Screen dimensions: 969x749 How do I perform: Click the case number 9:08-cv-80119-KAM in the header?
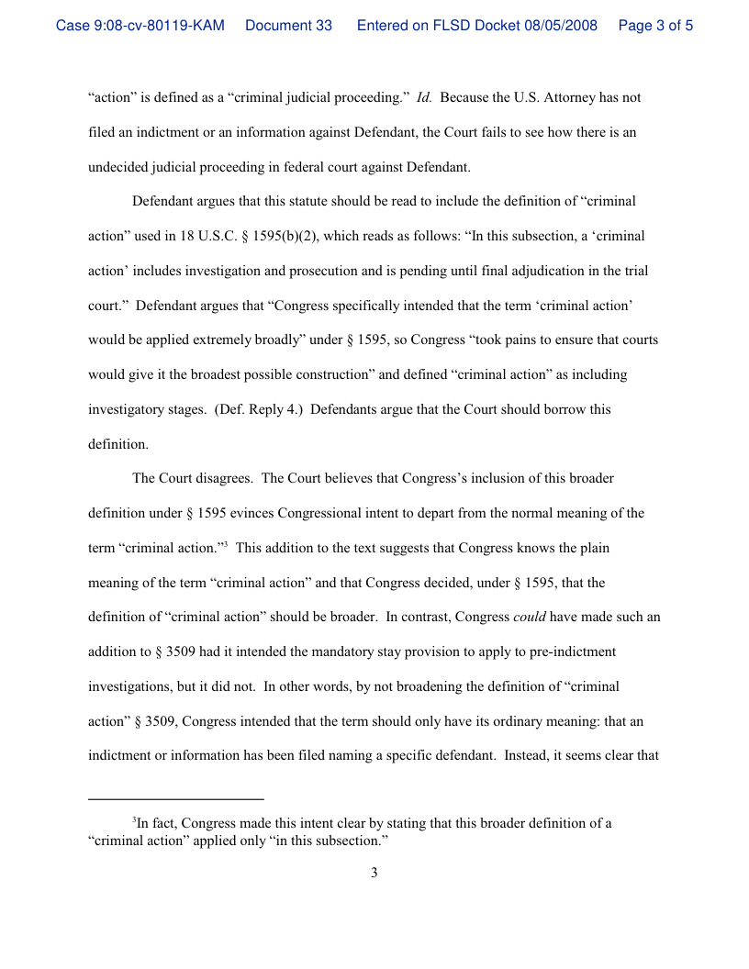click(140, 26)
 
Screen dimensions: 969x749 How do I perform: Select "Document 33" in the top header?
click(288, 26)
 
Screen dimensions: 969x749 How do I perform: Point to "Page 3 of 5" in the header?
click(655, 26)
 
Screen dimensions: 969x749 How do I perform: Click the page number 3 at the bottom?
click(374, 873)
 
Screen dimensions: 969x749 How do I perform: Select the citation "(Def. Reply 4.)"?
click(257, 409)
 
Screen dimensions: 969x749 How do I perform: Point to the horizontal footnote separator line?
click(175, 798)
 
